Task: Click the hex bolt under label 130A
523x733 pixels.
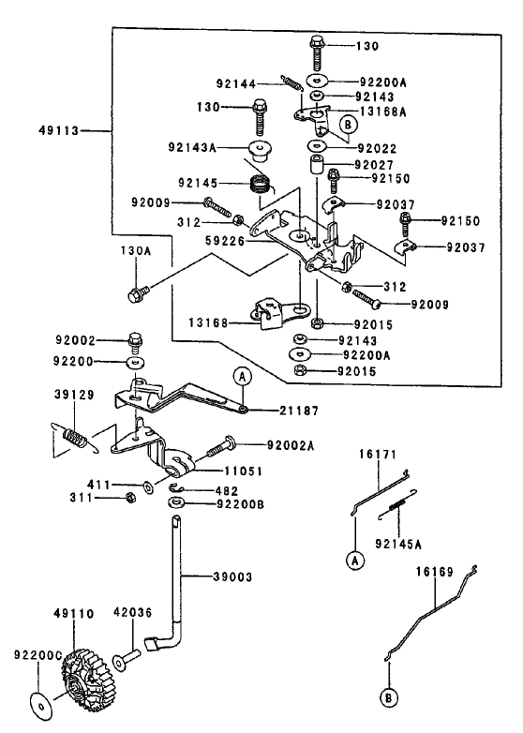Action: pos(137,296)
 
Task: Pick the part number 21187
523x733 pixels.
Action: pos(299,411)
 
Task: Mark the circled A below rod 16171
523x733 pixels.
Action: pos(355,561)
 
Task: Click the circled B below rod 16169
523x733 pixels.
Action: pos(389,697)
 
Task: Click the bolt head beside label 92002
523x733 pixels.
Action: pos(135,339)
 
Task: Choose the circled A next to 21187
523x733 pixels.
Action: pos(244,378)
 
